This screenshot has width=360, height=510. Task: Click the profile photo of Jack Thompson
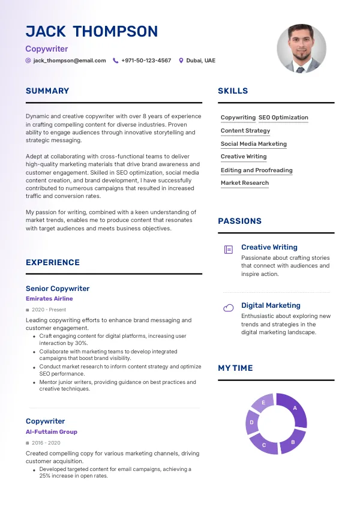pos(301,49)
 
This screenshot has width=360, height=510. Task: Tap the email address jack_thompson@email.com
pos(70,61)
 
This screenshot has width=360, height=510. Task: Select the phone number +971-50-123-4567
pos(146,61)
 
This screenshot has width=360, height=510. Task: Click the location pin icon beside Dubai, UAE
pos(181,61)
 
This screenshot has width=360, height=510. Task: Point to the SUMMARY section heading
pos(47,91)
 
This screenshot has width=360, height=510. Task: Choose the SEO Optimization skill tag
pos(283,118)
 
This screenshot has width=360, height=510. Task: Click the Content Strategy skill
pos(245,131)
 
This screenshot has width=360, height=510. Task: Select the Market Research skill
pos(245,183)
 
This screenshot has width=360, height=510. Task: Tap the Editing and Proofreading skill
pos(256,170)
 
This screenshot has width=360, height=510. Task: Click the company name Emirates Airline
pos(49,299)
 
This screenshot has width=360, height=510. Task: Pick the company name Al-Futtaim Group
pos(52,432)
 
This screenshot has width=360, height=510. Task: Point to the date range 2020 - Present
pos(49,310)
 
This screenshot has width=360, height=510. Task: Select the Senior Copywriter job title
pos(58,289)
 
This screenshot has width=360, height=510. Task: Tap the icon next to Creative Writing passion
pos(228,250)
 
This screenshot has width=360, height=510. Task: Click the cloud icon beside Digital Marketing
pos(228,308)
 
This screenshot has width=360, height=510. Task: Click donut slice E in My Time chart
pos(263,403)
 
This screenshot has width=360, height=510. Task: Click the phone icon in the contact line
pos(116,61)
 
